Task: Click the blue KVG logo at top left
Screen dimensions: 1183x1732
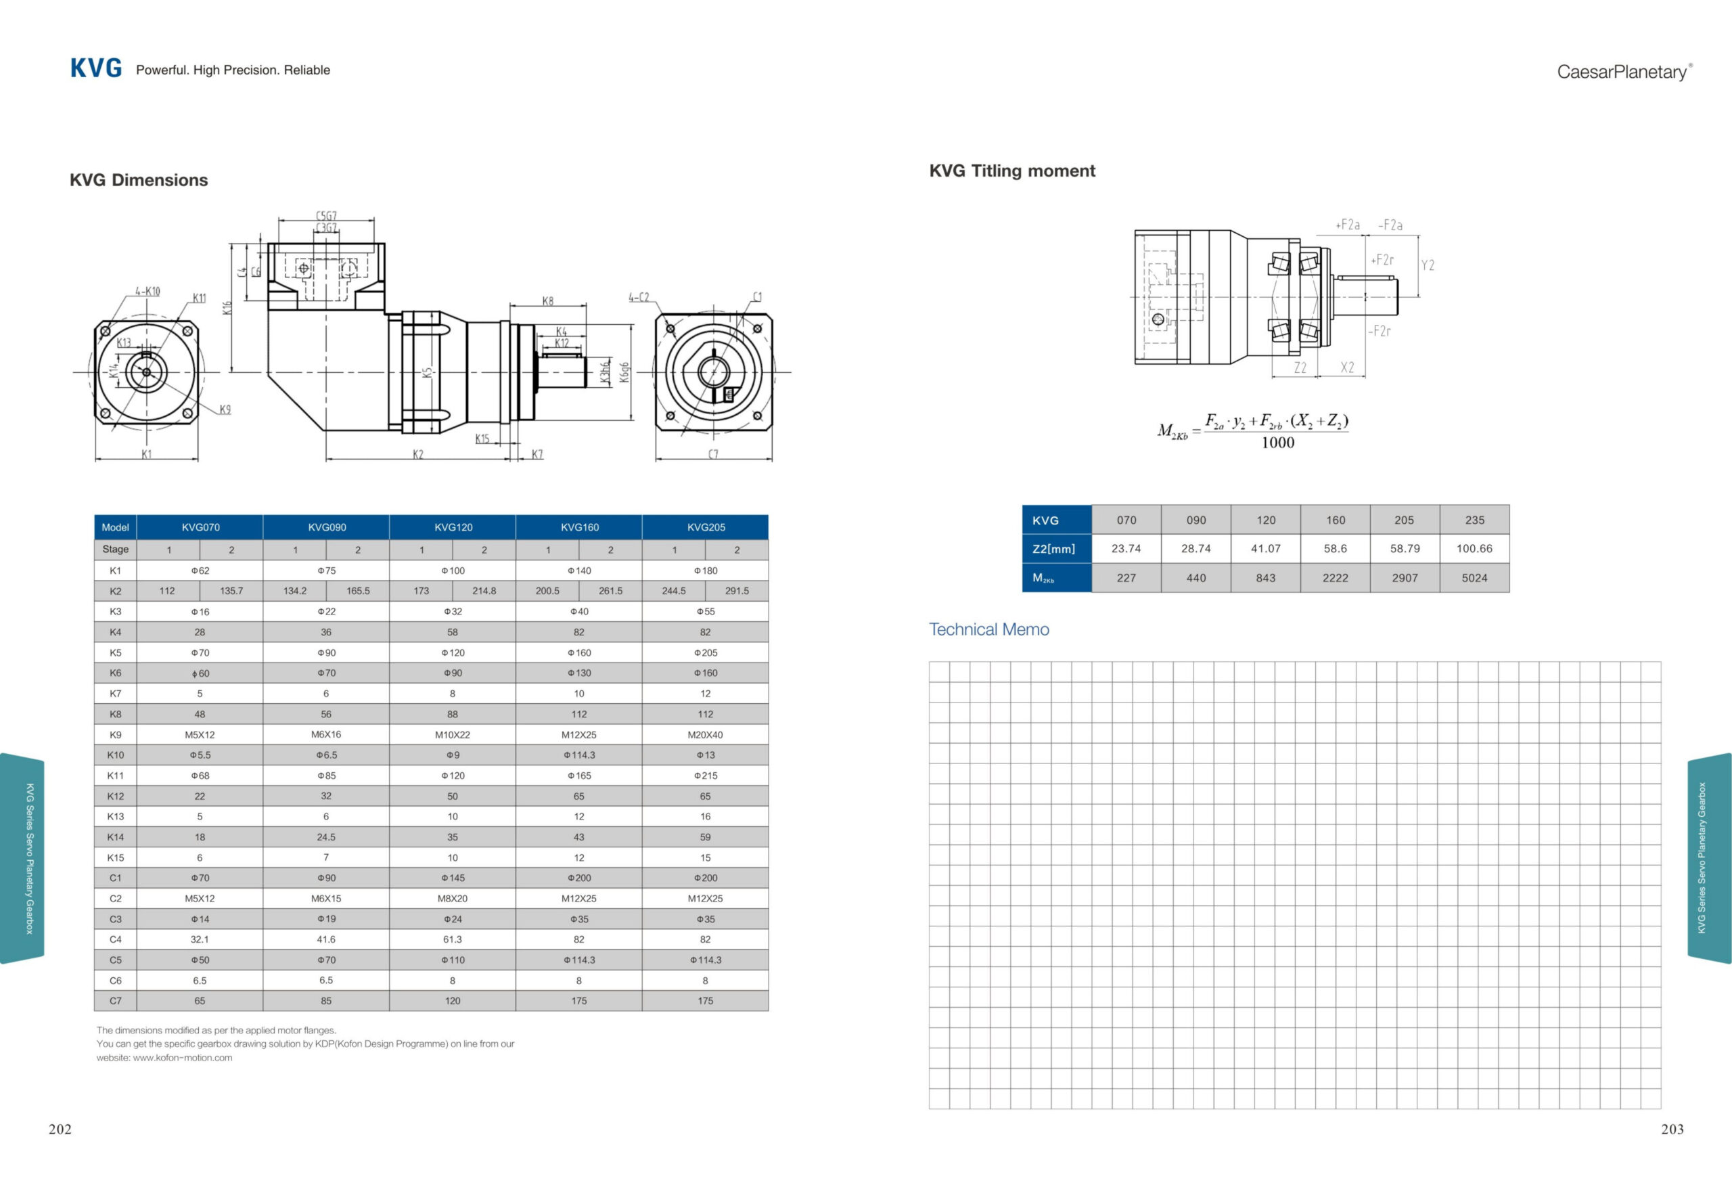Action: pyautogui.click(x=96, y=68)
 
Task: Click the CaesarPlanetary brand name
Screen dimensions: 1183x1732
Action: pyautogui.click(x=1622, y=72)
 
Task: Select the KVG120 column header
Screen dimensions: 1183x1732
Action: pyautogui.click(x=453, y=527)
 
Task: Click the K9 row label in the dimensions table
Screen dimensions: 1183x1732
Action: pyautogui.click(x=116, y=734)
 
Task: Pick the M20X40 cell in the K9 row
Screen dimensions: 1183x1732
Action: pyautogui.click(x=705, y=734)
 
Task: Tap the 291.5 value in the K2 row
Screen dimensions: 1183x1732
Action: pyautogui.click(x=737, y=590)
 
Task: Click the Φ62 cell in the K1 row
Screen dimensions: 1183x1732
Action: pyautogui.click(x=200, y=571)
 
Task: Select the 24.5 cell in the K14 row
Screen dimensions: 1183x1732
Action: pyautogui.click(x=325, y=837)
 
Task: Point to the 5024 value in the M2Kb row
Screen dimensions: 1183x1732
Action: pyautogui.click(x=1474, y=578)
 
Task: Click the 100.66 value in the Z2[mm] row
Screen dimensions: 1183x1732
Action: pyautogui.click(x=1474, y=549)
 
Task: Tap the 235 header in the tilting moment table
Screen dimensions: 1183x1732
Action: pyautogui.click(x=1474, y=520)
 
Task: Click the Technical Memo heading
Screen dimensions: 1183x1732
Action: pyautogui.click(x=988, y=629)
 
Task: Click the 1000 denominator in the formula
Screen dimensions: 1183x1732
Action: pyautogui.click(x=1277, y=443)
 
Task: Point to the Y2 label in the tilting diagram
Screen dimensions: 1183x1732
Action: pyautogui.click(x=1427, y=265)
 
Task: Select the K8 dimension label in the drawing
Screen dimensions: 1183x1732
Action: pyautogui.click(x=548, y=301)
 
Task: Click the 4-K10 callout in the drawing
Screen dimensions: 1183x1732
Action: pyautogui.click(x=147, y=292)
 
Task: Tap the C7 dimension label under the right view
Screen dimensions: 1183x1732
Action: pyautogui.click(x=713, y=454)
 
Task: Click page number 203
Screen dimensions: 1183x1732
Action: pyautogui.click(x=1672, y=1130)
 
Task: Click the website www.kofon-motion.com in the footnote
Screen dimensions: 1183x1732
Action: pyautogui.click(x=183, y=1058)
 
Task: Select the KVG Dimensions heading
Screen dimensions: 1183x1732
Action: pyautogui.click(x=139, y=179)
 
